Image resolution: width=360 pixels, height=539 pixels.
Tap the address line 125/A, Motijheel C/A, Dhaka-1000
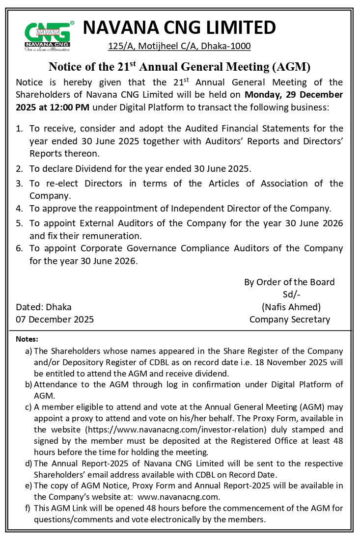pos(179,46)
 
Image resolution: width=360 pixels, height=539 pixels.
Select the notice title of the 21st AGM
pos(179,67)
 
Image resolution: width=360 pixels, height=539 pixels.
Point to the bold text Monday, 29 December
pos(294,95)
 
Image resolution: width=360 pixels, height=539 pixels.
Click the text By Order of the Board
pos(289,282)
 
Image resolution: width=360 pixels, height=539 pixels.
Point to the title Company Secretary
pos(290,320)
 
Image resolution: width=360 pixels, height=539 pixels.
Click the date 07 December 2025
pos(55,320)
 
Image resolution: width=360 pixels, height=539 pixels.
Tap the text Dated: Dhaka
pos(44,307)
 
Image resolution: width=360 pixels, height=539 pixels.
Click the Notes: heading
pos(27,339)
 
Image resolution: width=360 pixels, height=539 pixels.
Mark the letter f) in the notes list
pos(28,508)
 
